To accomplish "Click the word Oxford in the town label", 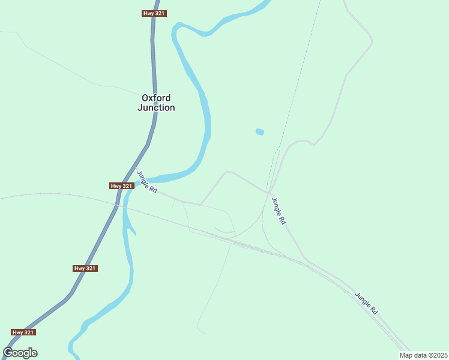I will [x=156, y=98].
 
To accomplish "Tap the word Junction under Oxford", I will [x=156, y=108].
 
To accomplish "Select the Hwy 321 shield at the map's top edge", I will [x=154, y=13].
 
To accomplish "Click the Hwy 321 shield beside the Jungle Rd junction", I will [x=121, y=186].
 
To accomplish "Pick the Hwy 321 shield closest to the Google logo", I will [x=23, y=332].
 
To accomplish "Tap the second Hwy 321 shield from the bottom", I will [x=85, y=268].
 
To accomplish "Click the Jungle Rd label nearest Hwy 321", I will [x=147, y=182].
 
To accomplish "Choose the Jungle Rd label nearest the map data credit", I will [x=366, y=304].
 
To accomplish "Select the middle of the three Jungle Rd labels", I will [x=279, y=211].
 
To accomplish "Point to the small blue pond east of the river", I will [x=259, y=132].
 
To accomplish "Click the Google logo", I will [x=20, y=353].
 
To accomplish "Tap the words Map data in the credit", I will [x=412, y=355].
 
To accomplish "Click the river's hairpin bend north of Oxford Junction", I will [x=176, y=30].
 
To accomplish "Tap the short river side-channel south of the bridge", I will [x=130, y=228].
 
